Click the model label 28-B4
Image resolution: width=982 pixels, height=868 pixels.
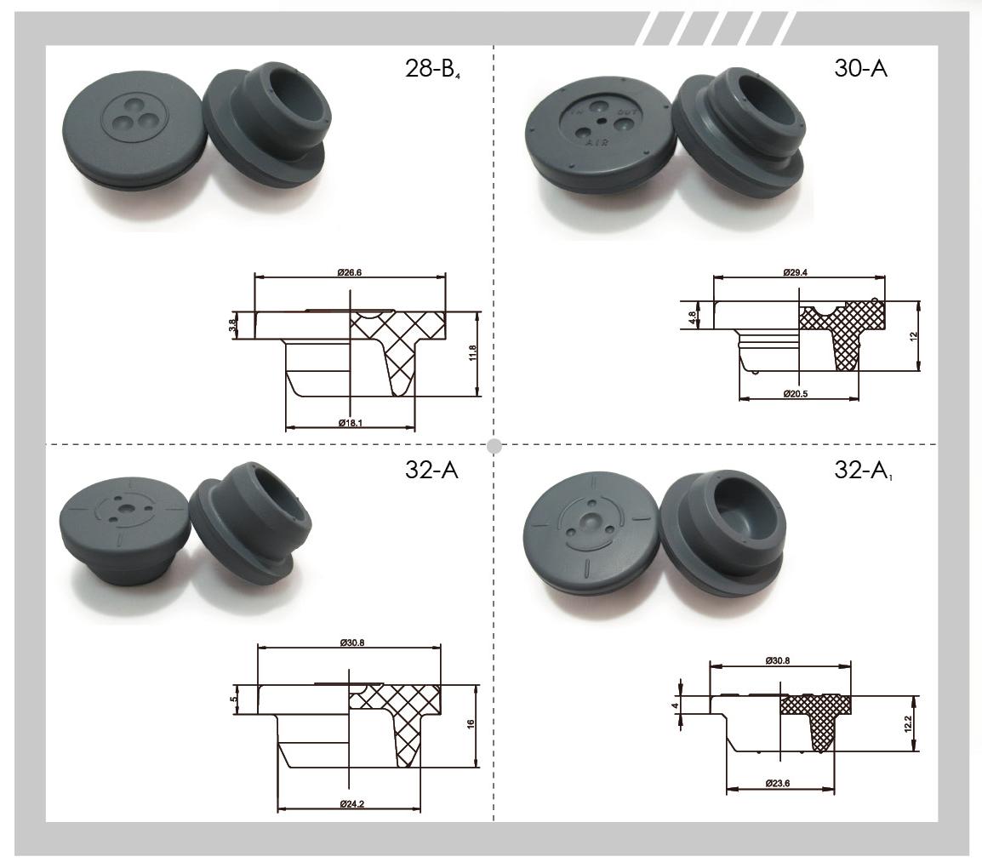click(433, 69)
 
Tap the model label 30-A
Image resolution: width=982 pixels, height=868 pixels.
click(860, 67)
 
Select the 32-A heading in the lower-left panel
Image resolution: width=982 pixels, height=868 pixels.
click(431, 470)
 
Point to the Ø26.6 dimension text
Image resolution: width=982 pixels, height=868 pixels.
click(350, 272)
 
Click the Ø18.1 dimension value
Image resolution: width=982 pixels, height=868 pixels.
click(351, 423)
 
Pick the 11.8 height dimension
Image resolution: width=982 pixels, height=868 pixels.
click(473, 352)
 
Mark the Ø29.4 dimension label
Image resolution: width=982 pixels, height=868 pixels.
click(796, 272)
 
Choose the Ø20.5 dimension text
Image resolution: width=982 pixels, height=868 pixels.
click(796, 394)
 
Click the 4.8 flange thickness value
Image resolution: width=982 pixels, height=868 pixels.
click(692, 317)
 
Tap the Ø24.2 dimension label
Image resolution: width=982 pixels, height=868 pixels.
click(352, 804)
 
